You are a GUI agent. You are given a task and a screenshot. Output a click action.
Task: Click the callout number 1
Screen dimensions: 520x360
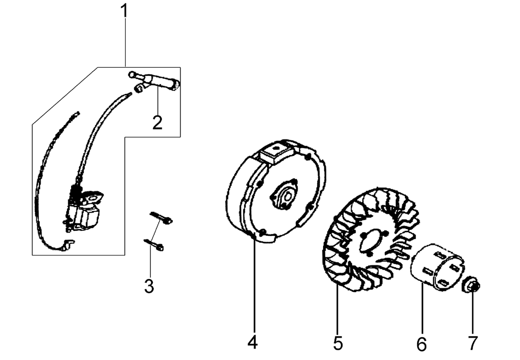pos(124,11)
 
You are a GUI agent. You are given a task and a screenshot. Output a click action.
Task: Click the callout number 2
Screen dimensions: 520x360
pos(158,122)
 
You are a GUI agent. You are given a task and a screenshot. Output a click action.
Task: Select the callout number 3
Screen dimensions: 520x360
pos(149,286)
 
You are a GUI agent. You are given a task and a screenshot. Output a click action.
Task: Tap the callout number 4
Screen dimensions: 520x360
pos(252,342)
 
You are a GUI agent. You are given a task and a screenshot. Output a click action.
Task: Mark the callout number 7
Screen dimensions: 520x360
pos(473,343)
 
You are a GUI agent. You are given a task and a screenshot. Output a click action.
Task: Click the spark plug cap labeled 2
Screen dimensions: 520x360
pos(154,80)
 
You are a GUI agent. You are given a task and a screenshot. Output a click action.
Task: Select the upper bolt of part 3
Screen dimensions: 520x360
pos(161,218)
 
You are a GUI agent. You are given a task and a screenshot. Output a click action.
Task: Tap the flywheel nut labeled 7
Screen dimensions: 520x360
pos(470,285)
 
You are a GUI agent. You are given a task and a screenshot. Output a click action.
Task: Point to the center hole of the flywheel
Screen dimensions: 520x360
pos(288,197)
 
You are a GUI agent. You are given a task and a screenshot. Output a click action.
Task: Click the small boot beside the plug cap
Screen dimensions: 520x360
pos(139,89)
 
